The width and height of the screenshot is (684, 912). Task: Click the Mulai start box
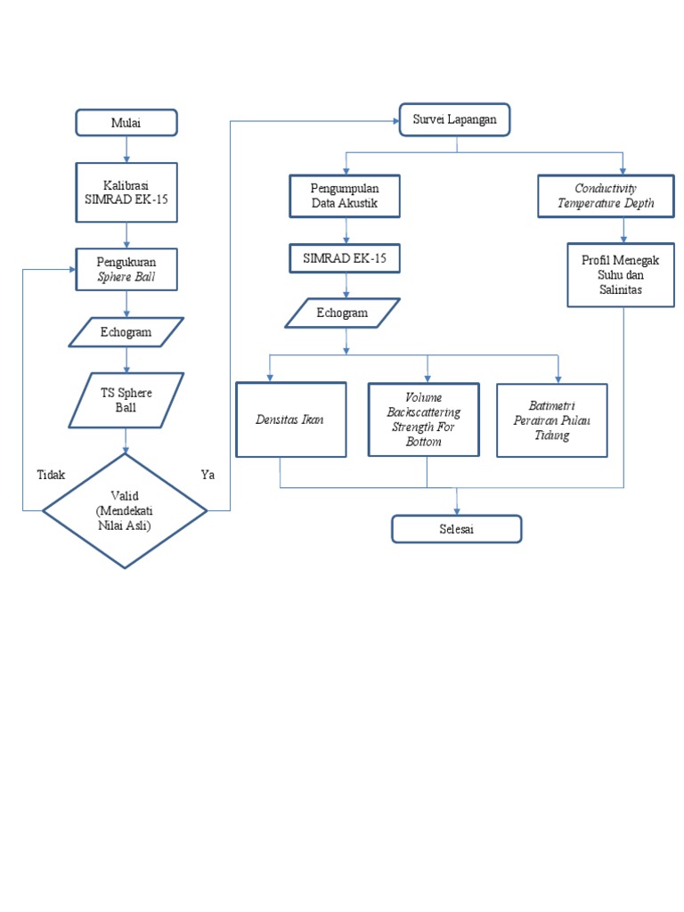click(x=126, y=122)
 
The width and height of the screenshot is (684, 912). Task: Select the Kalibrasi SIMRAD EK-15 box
click(x=126, y=191)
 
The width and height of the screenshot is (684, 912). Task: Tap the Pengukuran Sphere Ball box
click(x=126, y=269)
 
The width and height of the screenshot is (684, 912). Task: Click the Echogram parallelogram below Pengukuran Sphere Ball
click(x=126, y=332)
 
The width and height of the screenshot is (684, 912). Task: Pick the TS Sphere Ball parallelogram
click(x=126, y=399)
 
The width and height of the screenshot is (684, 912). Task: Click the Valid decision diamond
click(x=125, y=510)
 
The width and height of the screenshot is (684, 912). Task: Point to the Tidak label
click(x=51, y=475)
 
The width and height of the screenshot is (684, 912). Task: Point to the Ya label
click(x=208, y=475)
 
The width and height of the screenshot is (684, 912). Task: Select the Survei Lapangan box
click(x=454, y=120)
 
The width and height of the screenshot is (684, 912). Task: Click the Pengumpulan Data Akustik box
click(x=345, y=196)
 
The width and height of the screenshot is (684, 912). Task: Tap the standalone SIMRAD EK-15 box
click(x=345, y=258)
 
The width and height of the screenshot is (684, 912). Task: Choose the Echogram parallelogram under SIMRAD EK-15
click(x=342, y=313)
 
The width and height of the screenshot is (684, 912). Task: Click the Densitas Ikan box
click(x=290, y=419)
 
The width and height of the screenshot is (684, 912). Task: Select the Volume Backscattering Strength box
click(x=423, y=419)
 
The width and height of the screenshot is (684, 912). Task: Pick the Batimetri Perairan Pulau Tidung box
click(x=551, y=420)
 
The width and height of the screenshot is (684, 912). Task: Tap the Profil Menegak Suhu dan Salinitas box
click(x=620, y=275)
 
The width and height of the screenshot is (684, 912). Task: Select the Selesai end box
click(x=456, y=529)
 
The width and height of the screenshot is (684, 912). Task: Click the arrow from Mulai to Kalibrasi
click(x=126, y=149)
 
